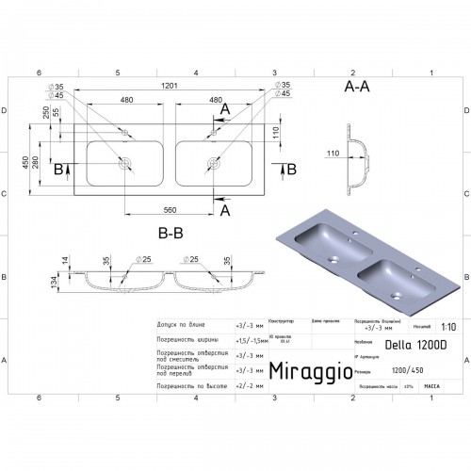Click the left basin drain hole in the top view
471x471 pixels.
(124, 162)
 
